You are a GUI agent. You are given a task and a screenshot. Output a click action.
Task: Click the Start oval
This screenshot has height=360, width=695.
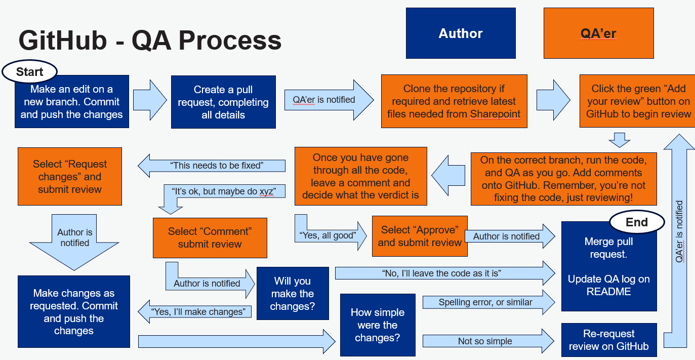[30, 72]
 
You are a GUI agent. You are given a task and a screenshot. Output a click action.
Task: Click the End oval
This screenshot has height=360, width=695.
[637, 222]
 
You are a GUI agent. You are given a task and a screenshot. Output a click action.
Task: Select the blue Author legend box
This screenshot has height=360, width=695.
[461, 33]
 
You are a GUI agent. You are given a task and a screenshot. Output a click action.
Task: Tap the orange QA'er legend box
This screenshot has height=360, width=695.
[598, 33]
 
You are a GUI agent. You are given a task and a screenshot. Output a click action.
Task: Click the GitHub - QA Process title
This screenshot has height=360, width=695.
[150, 41]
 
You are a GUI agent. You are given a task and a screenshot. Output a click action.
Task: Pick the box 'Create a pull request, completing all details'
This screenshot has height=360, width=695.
[223, 102]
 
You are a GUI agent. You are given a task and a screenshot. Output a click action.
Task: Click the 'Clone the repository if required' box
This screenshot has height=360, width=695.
[454, 101]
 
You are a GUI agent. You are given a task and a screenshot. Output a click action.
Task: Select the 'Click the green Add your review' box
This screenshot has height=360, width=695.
[638, 101]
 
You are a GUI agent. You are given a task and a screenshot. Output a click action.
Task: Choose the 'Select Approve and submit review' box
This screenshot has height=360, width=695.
[420, 236]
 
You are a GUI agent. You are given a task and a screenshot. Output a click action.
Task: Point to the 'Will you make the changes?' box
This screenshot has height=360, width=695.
[293, 294]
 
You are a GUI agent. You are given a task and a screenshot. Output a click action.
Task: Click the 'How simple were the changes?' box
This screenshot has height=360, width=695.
[378, 325]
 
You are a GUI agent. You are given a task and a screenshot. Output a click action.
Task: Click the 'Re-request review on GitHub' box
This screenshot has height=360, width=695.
[608, 340]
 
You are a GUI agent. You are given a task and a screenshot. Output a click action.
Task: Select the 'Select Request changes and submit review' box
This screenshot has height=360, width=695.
[70, 177]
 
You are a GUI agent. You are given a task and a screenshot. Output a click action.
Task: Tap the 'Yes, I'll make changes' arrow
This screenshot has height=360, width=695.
[197, 311]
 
